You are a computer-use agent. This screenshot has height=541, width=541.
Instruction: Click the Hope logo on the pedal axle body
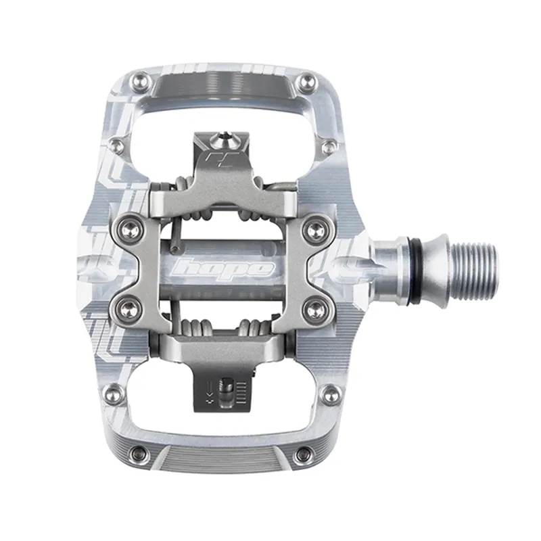click(223, 268)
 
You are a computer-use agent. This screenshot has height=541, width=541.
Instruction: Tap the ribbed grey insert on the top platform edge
click(223, 85)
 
